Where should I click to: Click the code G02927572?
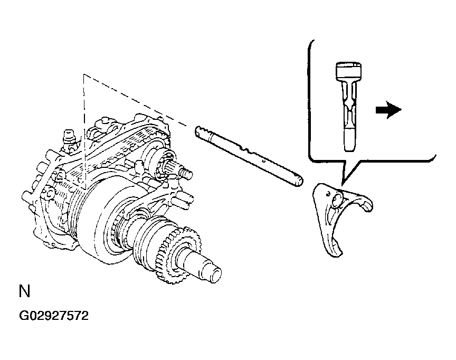pos(54,316)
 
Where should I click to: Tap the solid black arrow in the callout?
pos(388,110)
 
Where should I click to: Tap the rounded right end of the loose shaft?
pos(299,181)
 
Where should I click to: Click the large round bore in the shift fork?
pos(338,201)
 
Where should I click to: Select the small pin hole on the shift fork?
pos(328,193)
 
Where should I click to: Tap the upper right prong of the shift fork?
pos(367,204)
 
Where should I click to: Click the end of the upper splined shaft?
pos(187,175)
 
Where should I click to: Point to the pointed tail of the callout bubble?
pos(343,184)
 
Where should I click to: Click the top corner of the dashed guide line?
pos(84,74)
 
